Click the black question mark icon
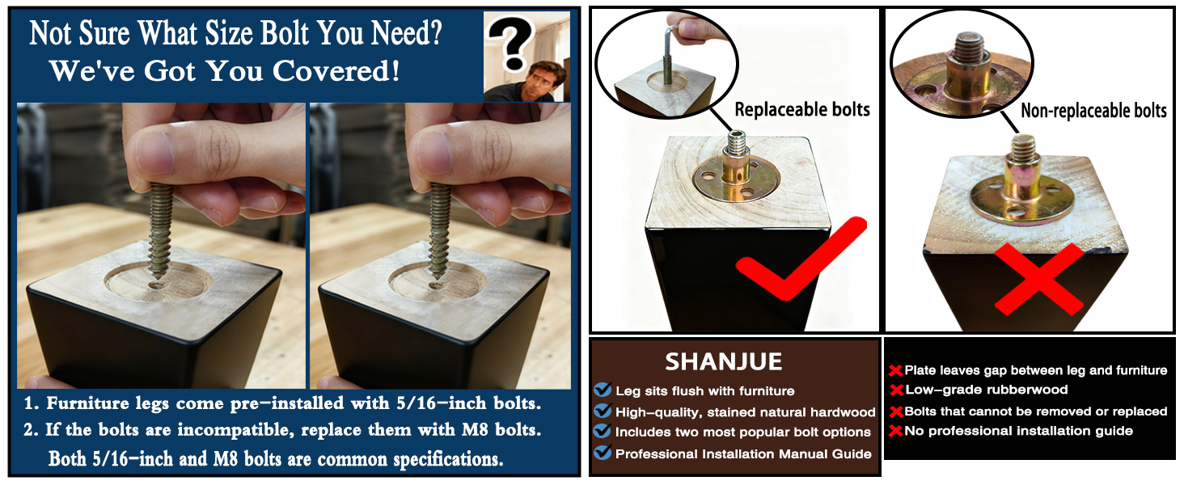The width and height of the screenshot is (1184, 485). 510,42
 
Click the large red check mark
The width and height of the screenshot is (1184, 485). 800,259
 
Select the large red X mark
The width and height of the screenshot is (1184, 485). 1038,279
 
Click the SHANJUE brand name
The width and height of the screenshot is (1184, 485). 723,362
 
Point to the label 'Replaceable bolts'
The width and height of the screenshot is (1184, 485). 801,109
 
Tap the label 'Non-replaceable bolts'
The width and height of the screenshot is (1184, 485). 1093,111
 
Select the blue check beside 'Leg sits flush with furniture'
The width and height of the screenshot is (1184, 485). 602,390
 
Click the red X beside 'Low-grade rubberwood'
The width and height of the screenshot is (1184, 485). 896,390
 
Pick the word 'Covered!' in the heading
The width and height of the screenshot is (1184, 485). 336,71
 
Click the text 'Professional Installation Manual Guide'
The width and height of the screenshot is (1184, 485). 743,453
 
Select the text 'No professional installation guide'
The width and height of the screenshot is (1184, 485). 1018,431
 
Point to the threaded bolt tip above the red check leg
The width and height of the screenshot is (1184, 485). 735,141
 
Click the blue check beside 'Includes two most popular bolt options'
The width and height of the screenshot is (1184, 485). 602,431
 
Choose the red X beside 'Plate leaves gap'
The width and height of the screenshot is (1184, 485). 895,370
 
